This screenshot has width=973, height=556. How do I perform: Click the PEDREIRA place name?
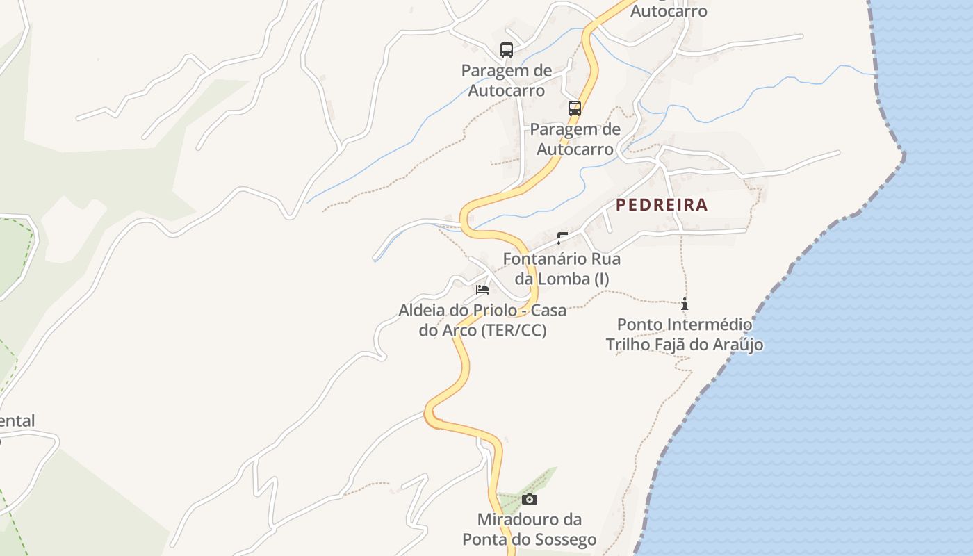661,205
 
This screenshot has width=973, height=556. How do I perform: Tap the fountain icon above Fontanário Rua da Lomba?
562,238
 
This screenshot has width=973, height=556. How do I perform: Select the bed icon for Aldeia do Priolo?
482,289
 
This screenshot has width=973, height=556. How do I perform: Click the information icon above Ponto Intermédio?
685,304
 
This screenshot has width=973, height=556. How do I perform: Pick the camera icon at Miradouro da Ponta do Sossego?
530,499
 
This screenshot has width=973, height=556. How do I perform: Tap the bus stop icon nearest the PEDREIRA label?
575,108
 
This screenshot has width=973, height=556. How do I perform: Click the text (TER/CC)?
514,331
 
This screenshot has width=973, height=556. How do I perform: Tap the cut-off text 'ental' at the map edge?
17,421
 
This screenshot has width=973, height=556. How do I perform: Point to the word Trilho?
625,345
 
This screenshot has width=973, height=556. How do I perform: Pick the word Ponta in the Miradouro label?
484,540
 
